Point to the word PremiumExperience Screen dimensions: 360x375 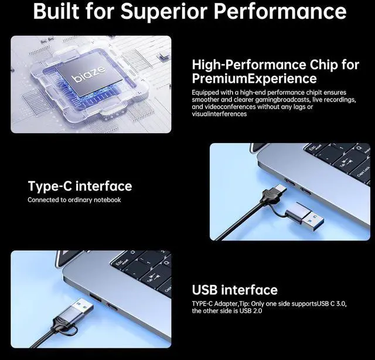click(x=254, y=79)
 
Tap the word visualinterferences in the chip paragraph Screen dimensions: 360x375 click(x=219, y=114)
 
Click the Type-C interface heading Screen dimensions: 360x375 click(x=80, y=186)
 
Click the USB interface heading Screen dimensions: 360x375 click(x=234, y=290)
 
